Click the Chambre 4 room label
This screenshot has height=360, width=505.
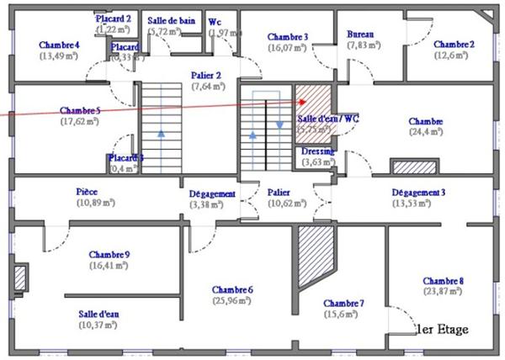[x=59, y=45]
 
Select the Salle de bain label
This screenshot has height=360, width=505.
[x=171, y=20]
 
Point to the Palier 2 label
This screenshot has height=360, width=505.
[x=206, y=75]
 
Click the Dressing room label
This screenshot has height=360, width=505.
[x=318, y=151]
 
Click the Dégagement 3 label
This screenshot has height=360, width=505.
[x=418, y=192]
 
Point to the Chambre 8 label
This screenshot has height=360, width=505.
[x=443, y=281]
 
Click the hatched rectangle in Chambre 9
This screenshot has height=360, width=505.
[x=20, y=278]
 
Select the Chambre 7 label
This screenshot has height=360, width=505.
[x=343, y=304]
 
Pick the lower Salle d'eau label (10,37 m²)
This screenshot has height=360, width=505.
[x=99, y=314]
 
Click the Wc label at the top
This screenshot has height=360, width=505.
[x=215, y=21]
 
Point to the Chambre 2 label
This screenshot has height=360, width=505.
[x=454, y=45]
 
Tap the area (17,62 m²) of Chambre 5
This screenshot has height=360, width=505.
[x=81, y=121]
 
